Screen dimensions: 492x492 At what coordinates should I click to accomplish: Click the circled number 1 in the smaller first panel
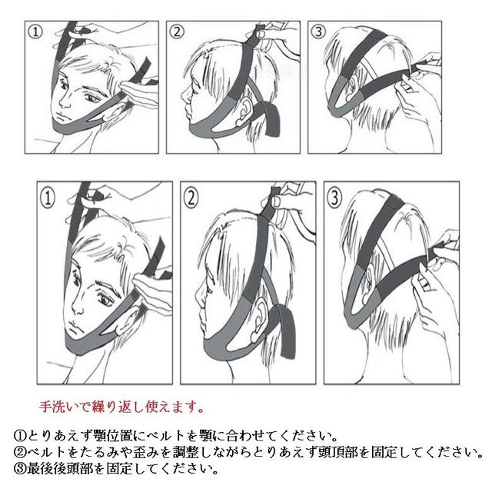click(x=35, y=32)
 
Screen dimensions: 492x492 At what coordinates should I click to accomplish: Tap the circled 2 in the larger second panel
click(x=191, y=198)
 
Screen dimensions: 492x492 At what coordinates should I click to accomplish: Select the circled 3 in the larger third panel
click(x=334, y=198)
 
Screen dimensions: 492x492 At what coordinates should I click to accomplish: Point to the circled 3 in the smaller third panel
click(x=318, y=32)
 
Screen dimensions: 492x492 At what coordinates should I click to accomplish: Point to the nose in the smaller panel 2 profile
click(x=184, y=95)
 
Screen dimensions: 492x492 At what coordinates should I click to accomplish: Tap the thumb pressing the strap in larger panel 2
click(x=277, y=201)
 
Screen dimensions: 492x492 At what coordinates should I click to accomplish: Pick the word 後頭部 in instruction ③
click(x=74, y=469)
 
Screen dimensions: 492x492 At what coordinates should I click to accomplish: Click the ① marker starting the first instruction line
click(x=20, y=436)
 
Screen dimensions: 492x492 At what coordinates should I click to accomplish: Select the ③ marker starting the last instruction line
click(x=20, y=469)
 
